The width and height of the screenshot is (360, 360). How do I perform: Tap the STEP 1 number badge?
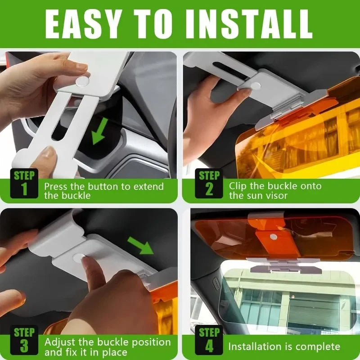point(24,183)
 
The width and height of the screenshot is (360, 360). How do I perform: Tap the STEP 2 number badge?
point(209,183)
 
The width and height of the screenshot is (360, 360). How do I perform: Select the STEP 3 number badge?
point(24,340)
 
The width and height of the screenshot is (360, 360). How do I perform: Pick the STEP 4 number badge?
point(209,340)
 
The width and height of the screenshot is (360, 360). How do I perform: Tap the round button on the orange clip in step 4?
point(273,236)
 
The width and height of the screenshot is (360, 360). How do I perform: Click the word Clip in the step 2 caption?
point(238,185)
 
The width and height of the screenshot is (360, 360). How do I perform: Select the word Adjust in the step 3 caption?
point(60,342)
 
